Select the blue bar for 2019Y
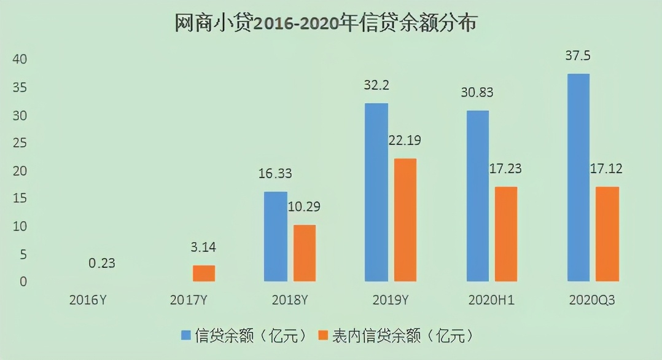click(376, 192)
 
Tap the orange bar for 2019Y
click(405, 220)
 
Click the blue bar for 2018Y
click(275, 237)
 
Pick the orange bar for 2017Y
click(204, 273)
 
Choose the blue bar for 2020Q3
click(578, 178)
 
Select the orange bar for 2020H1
click(506, 234)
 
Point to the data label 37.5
click(578, 56)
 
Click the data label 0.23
click(102, 263)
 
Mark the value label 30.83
click(477, 93)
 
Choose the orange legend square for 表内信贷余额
click(324, 335)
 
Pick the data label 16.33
click(275, 174)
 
